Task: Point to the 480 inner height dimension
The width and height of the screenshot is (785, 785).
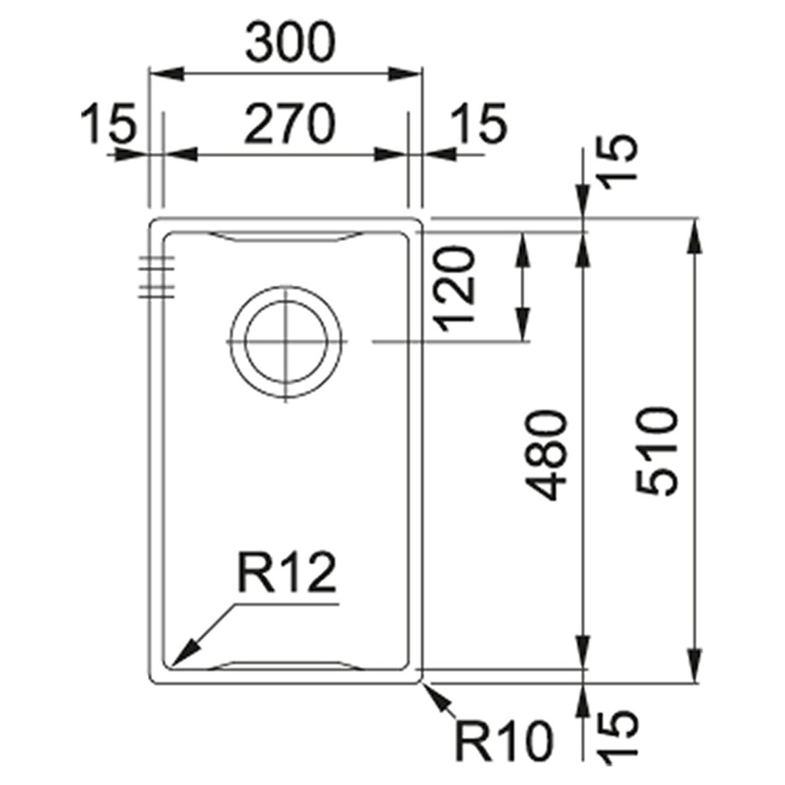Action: tap(546, 455)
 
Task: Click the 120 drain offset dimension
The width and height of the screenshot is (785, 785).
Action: tap(455, 289)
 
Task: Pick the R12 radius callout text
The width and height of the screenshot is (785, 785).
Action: tap(287, 572)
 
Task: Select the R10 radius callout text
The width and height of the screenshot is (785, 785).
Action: tap(504, 739)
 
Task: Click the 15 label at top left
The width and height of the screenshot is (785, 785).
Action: tap(108, 123)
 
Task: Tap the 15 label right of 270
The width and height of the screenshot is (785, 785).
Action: tap(479, 123)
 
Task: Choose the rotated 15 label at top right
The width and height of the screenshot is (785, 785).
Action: tap(619, 162)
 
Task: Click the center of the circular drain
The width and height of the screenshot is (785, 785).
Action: tap(286, 342)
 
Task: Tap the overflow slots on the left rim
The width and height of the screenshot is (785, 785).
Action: tap(157, 277)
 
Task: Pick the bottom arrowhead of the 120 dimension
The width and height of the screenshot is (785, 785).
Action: tap(523, 325)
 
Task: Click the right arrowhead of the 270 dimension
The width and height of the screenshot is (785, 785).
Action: tap(391, 155)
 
